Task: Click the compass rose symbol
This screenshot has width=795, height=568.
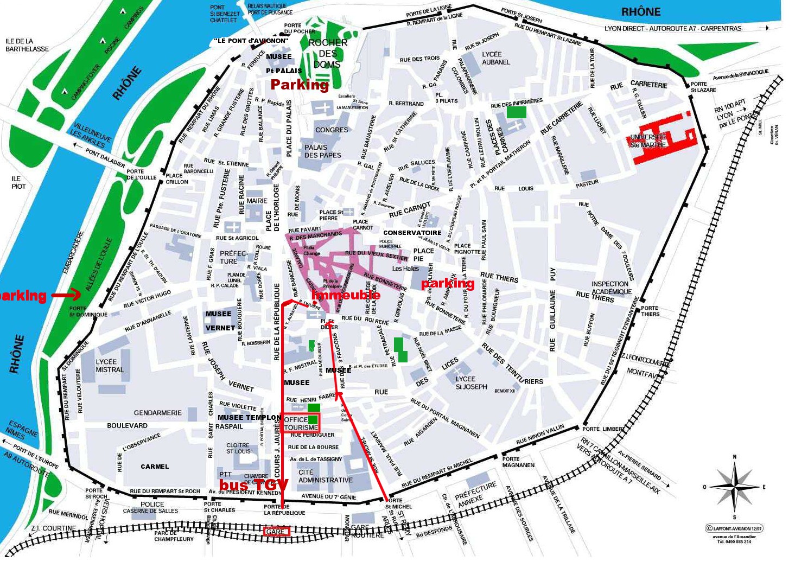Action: (x=734, y=487)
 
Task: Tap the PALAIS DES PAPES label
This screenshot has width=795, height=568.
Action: (x=322, y=151)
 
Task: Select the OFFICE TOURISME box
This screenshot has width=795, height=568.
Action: (x=301, y=423)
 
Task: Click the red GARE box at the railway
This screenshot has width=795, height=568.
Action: (x=276, y=532)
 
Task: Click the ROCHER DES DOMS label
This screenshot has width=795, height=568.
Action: (x=327, y=53)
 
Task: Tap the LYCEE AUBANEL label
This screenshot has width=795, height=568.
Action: (x=495, y=58)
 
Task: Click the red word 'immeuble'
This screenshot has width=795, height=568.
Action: (x=346, y=295)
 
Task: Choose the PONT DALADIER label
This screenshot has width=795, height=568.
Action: (x=105, y=157)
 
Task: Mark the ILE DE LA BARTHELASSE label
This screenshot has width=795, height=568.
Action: (x=27, y=45)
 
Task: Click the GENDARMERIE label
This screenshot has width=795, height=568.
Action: (x=157, y=413)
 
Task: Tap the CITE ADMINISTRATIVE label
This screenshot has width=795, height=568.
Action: (x=325, y=476)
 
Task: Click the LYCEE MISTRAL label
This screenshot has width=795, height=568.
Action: (x=110, y=366)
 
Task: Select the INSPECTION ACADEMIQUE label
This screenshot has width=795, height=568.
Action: (x=611, y=288)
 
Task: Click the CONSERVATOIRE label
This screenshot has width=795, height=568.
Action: (x=412, y=233)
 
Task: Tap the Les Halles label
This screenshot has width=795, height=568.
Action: (x=405, y=269)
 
